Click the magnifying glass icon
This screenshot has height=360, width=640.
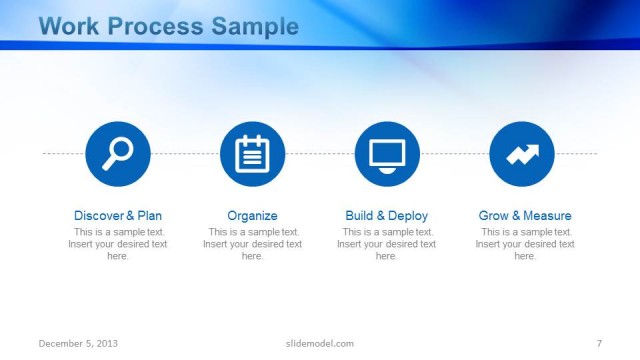[118, 153]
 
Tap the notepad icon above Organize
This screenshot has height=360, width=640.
[252, 153]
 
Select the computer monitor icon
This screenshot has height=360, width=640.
[387, 153]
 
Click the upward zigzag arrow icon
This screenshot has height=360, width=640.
[522, 153]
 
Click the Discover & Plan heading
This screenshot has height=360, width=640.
[118, 215]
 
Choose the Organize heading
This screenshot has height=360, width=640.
[252, 215]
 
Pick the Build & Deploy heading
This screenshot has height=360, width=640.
[386, 215]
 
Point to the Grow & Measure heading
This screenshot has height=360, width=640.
[525, 215]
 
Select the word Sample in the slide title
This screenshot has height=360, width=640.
[255, 27]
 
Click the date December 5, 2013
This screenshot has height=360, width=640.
[79, 343]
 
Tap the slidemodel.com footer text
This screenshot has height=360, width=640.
[313, 343]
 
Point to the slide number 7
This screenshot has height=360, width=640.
[598, 343]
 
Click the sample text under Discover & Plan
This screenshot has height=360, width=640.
[118, 244]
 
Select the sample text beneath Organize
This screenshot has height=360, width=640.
[252, 244]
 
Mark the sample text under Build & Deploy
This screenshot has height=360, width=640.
[386, 244]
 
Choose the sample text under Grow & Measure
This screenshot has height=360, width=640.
[525, 244]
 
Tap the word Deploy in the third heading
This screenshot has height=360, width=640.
[408, 215]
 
